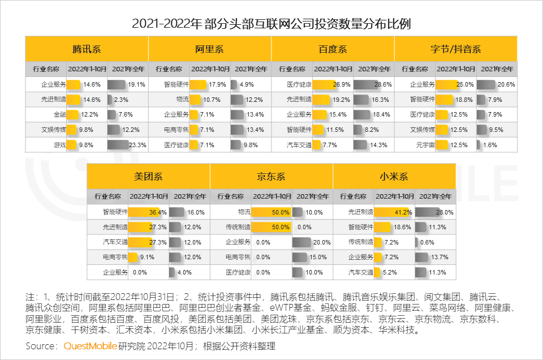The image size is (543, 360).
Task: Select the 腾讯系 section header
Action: (x=87, y=49)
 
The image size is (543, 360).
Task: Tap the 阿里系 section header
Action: (x=209, y=49)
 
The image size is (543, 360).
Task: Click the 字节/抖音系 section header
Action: (x=455, y=49)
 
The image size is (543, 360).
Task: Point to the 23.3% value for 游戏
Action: (x=138, y=144)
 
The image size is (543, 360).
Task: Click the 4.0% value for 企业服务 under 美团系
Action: (x=184, y=272)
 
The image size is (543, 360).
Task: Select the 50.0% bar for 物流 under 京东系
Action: (x=271, y=212)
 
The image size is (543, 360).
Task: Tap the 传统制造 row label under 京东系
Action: (x=238, y=227)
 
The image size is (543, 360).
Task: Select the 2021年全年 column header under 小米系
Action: (x=434, y=196)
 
